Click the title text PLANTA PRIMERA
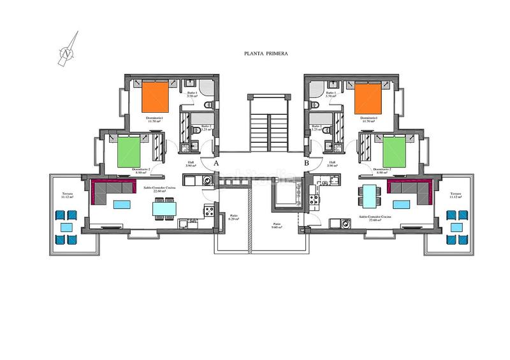266,54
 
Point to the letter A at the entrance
217,164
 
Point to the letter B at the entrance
307,164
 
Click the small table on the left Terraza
66,227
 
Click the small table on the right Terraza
456,227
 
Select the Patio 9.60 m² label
277,226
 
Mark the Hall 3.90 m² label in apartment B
332,164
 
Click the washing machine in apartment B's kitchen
346,223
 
